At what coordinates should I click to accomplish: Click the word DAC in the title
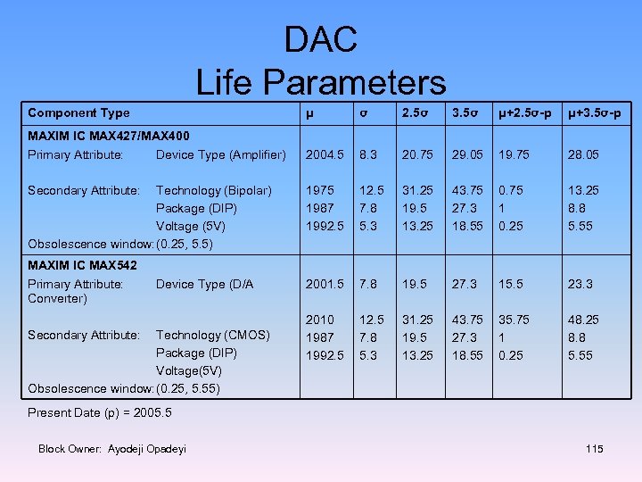click(320, 40)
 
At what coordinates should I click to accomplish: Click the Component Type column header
click(78, 113)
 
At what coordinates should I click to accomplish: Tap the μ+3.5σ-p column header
click(597, 113)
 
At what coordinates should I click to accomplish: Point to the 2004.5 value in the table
click(325, 155)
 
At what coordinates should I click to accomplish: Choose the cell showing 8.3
click(368, 155)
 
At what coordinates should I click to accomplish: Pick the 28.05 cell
click(583, 155)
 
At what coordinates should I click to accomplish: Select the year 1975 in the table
click(320, 191)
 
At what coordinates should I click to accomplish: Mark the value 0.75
click(512, 191)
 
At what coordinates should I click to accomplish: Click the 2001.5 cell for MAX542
click(325, 285)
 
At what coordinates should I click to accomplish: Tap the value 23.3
click(580, 285)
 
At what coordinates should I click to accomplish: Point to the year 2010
click(320, 320)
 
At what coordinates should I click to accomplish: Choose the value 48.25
click(583, 320)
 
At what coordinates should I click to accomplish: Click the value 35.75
click(515, 320)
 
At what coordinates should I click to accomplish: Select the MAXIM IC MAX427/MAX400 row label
click(108, 137)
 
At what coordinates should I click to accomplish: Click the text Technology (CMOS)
click(213, 336)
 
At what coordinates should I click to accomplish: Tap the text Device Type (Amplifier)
click(220, 155)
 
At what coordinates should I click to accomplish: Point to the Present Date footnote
click(100, 413)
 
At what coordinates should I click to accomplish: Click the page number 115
click(595, 449)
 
